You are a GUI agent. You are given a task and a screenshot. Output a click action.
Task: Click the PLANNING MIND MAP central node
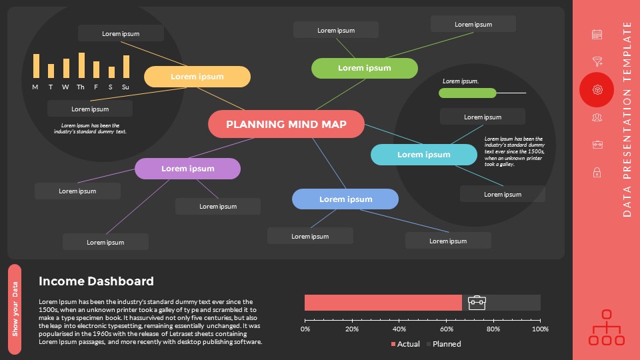coord(287,124)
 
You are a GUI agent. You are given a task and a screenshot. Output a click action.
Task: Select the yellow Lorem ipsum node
coord(197,77)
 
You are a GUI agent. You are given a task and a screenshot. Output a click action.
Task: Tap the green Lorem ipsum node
coord(365,68)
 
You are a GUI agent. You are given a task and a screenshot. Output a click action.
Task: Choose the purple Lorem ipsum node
coord(187,169)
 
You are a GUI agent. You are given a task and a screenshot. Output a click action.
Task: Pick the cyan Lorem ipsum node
coord(423,155)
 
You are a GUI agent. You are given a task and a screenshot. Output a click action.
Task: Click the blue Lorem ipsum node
coord(345,199)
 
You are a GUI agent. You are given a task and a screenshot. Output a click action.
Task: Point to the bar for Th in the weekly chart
coord(81,65)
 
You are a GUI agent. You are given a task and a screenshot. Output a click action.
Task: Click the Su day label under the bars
coord(125,87)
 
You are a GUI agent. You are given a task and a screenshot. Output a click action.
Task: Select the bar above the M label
coord(36,66)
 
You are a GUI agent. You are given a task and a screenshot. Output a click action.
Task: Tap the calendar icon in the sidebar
coord(597,34)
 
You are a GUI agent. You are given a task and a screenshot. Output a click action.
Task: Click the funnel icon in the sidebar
coord(597,62)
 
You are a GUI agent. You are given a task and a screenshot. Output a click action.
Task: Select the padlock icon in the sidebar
coord(597,173)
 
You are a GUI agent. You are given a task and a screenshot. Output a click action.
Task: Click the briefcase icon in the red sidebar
coord(597,145)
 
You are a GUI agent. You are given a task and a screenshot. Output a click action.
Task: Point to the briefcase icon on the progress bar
coord(477,303)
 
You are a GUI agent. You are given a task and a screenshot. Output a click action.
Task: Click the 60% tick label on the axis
coord(446,329)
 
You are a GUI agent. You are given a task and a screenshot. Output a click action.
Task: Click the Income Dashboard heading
coord(96,281)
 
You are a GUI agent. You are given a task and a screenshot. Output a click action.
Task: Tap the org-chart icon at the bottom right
coord(607,328)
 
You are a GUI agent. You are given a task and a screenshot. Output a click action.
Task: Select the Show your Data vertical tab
coord(15,309)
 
